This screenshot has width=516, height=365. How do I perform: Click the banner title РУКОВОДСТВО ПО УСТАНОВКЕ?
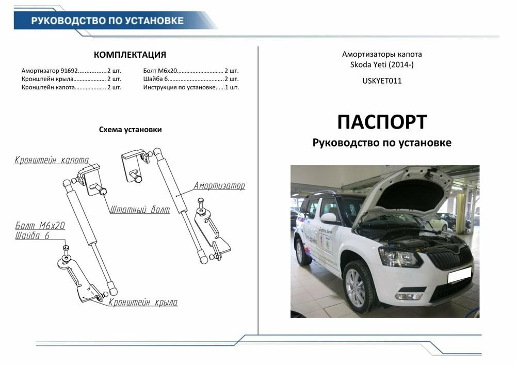click(x=107, y=21)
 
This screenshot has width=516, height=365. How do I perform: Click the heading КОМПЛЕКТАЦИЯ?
click(x=130, y=55)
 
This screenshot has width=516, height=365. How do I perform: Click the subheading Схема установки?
click(x=130, y=130)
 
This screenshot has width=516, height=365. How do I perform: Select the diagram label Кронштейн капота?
click(x=52, y=160)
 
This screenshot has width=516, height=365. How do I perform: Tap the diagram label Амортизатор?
click(x=219, y=186)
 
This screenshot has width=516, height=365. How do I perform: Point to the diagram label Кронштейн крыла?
click(x=143, y=303)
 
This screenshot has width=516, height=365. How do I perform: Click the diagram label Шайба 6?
click(x=32, y=236)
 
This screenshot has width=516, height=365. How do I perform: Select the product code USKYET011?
click(x=382, y=81)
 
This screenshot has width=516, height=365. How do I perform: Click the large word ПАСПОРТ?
click(x=382, y=122)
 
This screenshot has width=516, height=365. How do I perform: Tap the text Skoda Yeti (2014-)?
click(x=382, y=65)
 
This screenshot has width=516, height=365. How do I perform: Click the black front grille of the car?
click(x=451, y=257)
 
